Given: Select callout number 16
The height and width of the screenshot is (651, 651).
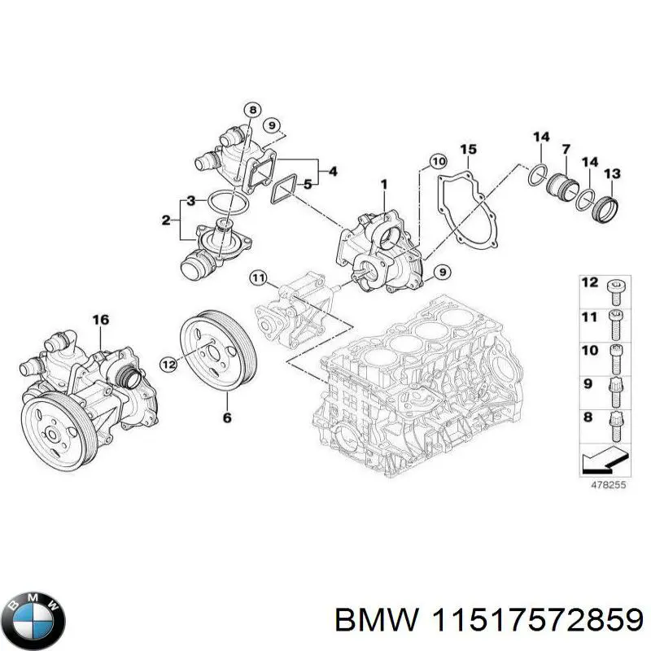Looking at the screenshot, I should pos(99,320).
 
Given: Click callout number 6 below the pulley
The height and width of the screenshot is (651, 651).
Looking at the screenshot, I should pos(228,417).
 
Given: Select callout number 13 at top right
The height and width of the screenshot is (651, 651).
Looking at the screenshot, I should pos(612,173).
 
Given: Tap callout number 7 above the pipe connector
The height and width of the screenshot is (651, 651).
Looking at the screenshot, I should pos(566,149).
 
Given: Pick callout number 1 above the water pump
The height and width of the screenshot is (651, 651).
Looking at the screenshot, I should pos(382,186).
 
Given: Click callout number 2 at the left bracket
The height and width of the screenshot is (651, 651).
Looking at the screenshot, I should pos(167,219).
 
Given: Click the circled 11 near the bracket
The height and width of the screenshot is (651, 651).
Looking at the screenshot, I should pos(258,279).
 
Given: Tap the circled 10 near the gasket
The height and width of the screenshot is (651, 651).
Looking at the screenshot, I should pos(439,162).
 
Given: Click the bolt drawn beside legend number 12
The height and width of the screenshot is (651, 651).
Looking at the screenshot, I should pos(615,286).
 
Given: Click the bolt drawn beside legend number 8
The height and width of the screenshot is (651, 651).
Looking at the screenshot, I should pos(616,424).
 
